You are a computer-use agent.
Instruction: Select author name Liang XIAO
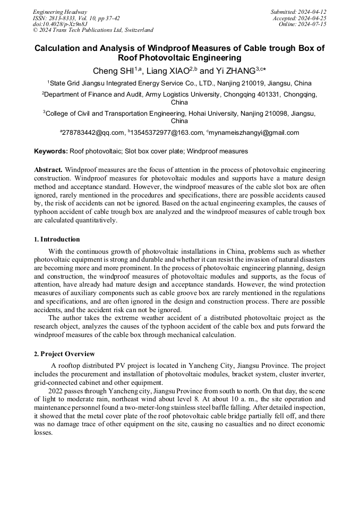(168, 71)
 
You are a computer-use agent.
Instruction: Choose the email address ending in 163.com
(165, 133)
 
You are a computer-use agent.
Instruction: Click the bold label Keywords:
(51, 151)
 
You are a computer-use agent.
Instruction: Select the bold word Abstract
(48, 170)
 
